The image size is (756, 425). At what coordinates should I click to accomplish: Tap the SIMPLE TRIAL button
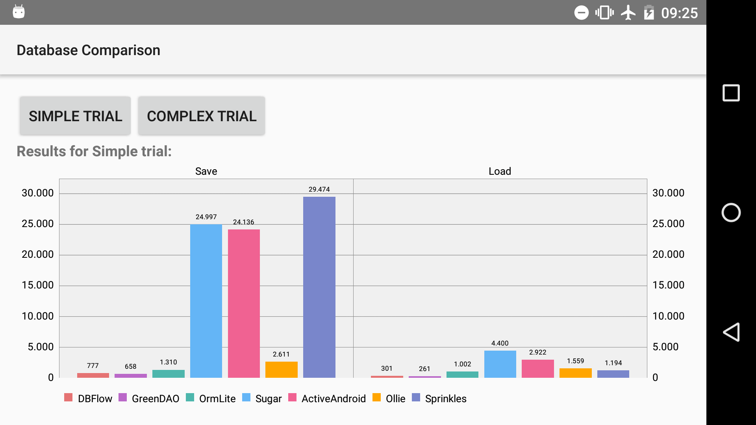point(75,116)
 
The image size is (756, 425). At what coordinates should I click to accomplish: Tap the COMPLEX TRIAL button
point(201,116)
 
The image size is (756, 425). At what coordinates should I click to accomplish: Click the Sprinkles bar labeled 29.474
point(319,287)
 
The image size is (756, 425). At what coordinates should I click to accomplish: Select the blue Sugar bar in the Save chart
point(206,301)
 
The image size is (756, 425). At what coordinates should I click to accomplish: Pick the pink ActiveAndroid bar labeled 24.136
point(244,303)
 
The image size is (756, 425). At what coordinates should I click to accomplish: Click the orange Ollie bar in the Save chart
point(281,370)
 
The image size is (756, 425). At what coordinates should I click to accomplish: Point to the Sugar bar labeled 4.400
point(500,364)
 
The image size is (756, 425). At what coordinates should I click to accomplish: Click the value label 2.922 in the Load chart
point(537,352)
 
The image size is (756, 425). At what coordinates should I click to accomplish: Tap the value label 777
point(93,366)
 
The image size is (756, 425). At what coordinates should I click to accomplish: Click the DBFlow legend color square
point(68,397)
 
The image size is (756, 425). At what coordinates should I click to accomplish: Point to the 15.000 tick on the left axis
point(38,285)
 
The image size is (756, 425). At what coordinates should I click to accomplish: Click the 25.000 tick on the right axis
point(668,224)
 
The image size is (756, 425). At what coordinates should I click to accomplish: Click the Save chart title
point(206,171)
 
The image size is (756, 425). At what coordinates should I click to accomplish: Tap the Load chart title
point(500,171)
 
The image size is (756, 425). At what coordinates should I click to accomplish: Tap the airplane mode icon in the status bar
point(628,13)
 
